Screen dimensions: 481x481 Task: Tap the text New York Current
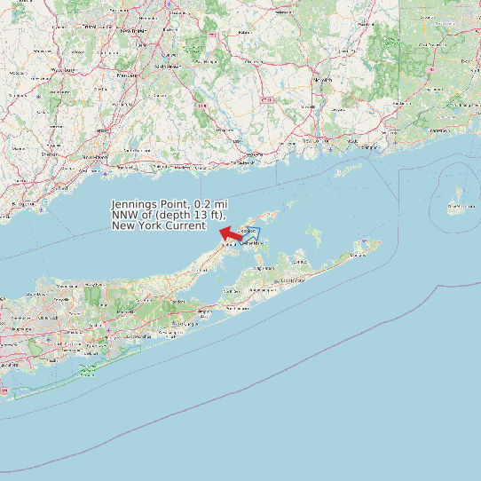tap(159, 226)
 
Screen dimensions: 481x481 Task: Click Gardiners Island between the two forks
tap(313, 234)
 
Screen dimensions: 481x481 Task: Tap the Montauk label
tap(358, 255)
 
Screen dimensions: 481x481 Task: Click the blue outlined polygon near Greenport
tap(252, 233)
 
